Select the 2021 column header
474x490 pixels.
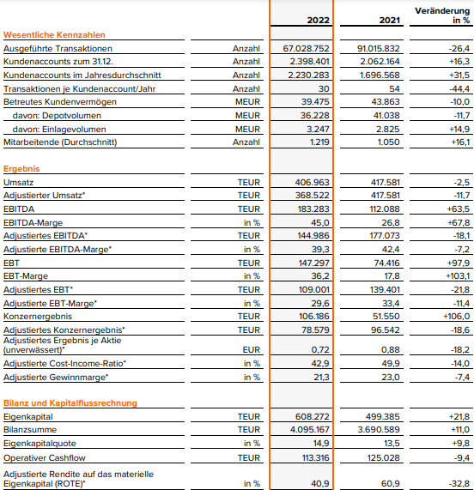point(385,19)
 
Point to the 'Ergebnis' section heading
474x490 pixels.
point(23,169)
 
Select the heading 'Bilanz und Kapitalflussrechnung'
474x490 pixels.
point(70,402)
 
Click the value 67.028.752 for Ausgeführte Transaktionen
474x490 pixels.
point(307,49)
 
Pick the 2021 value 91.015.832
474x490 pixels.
point(377,49)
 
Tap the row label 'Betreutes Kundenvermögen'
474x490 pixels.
point(55,101)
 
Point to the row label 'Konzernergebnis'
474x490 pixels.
point(37,315)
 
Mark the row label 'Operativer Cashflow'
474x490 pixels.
point(44,457)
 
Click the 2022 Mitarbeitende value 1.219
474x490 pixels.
point(317,142)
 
